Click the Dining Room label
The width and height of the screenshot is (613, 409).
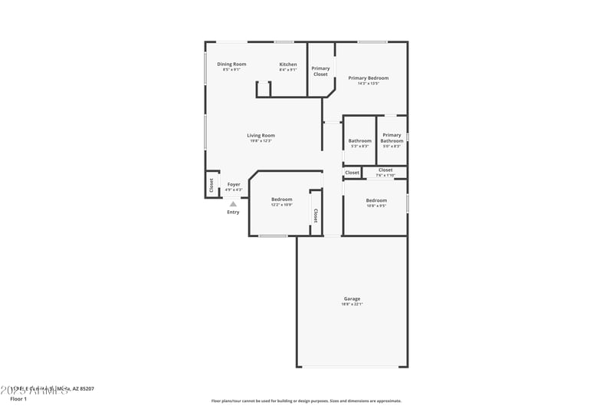point(231,64)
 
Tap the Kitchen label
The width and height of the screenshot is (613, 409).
point(288,64)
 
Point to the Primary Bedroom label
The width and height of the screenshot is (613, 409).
point(368,78)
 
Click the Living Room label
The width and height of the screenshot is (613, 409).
point(261,136)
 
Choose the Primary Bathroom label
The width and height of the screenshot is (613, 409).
point(392,138)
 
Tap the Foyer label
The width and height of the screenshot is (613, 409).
point(234,184)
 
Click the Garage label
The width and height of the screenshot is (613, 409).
point(352,299)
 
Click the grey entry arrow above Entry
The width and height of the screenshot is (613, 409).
point(233,204)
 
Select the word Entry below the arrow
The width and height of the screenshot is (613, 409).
point(233,213)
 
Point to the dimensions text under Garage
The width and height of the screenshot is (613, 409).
point(352,305)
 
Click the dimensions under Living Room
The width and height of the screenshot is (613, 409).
point(261,141)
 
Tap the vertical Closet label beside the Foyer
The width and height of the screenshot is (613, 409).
point(211,185)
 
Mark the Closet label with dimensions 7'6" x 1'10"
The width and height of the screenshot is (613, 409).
point(385,170)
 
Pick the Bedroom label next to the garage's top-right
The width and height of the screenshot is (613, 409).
point(375,200)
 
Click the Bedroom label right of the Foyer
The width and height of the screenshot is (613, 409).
point(281,200)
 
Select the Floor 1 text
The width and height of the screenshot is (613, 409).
point(18,399)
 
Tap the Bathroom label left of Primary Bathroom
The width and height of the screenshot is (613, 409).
point(359,140)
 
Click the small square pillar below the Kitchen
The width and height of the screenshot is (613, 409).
point(264,90)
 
